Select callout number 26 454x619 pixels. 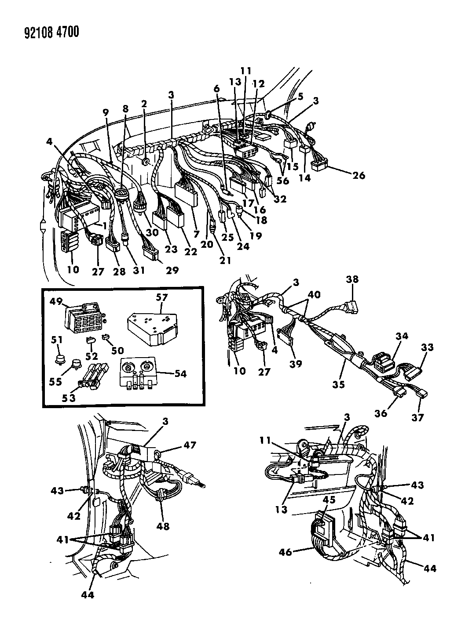[358, 176]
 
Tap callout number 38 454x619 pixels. [352, 279]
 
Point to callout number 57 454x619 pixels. [162, 297]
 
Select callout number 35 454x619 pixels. [339, 385]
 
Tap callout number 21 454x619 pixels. [225, 260]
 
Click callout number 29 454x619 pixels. [172, 270]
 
